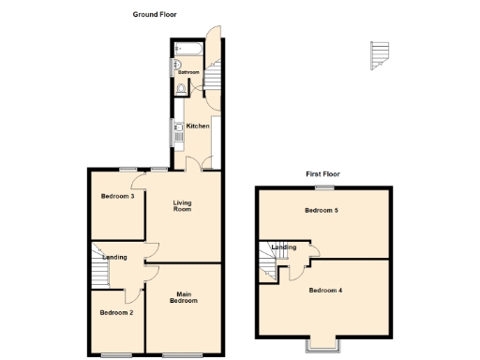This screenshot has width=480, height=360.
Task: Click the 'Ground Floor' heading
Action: coord(154,15)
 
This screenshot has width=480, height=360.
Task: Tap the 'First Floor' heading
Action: coord(322,174)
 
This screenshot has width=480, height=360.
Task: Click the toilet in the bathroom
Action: coord(180,90)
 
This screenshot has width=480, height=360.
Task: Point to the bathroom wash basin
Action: coord(175,66)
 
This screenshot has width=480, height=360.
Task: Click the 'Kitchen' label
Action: coord(197,126)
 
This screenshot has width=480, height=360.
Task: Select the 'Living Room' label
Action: coord(182,205)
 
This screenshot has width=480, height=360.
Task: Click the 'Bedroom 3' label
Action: coord(119,196)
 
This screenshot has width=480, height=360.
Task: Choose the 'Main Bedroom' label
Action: coord(184,297)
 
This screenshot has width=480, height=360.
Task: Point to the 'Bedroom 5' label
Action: coord(322,211)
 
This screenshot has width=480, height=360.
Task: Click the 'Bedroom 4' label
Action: coord(325,290)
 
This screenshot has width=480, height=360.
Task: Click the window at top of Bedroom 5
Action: coord(322,187)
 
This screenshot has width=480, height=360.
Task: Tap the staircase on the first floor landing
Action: coord(268,262)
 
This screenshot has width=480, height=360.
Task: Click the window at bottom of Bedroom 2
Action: coord(117,353)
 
